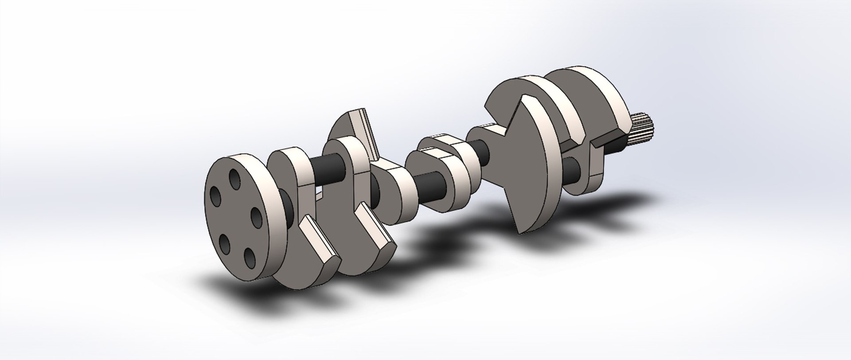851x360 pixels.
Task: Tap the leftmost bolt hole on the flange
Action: pos(216,196)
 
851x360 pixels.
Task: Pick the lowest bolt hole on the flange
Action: pos(250,257)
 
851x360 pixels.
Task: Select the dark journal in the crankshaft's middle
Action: pos(428,186)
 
